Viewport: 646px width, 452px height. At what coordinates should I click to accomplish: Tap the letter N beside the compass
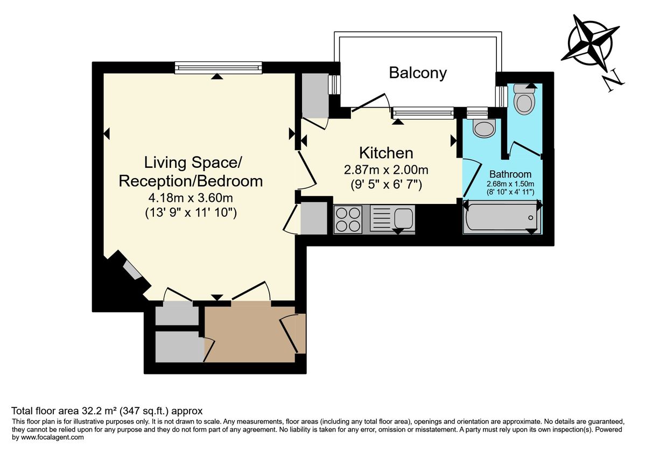coord(613,81)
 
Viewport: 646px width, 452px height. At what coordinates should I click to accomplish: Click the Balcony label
coord(418,73)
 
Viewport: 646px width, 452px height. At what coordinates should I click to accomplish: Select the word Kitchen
coord(386,153)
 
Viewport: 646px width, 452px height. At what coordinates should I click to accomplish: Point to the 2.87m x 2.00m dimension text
coord(386,171)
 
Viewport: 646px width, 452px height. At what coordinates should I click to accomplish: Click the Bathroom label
coord(510,174)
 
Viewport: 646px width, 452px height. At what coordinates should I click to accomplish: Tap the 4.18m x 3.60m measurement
coord(191,199)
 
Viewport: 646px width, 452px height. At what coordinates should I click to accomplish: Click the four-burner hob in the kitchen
coord(348,220)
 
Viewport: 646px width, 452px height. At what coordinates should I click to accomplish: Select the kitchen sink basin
coord(403,218)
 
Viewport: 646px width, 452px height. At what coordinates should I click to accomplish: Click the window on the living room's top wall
coord(218,68)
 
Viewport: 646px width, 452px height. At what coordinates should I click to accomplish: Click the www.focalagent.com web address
coord(52,437)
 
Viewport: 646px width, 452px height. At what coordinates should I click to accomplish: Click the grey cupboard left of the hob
coord(313,218)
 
